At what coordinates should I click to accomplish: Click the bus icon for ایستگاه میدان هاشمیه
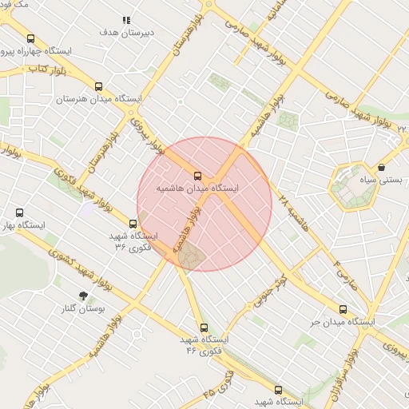pos(197,177)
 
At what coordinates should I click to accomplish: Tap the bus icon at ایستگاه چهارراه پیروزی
pos(31,38)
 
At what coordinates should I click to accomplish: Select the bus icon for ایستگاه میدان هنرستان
pos(99,87)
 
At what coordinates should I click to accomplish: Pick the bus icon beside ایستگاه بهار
pos(20,213)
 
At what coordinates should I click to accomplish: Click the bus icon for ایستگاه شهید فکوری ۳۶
pos(133,224)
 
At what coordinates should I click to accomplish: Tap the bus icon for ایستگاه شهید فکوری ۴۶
pos(204,328)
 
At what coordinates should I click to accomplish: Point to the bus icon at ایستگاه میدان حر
pos(343,310)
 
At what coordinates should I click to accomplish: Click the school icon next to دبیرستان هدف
pos(125,20)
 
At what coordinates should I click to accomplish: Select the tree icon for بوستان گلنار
pos(83,296)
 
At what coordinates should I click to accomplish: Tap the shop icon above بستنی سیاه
pos(381,168)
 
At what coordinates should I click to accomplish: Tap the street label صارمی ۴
pos(344,274)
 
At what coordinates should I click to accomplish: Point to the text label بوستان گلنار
pos(83,308)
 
